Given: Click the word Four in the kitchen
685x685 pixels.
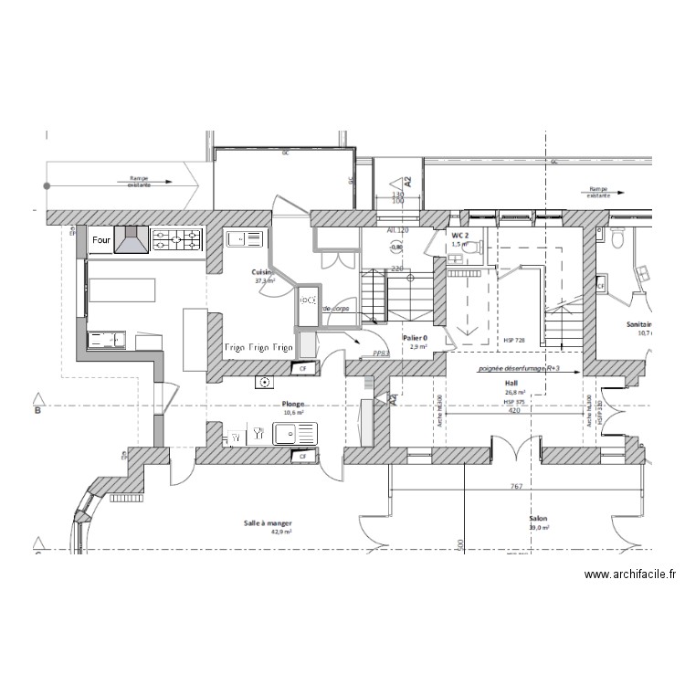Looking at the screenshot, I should [100, 240].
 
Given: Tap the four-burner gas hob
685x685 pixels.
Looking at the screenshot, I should [176, 240].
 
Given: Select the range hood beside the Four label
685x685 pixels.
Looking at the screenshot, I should [131, 240].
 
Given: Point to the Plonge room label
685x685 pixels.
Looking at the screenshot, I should [293, 403].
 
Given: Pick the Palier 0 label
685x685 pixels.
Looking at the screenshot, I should [417, 337].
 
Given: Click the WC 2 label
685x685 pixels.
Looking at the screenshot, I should [459, 236].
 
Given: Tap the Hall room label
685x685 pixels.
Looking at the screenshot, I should [511, 384].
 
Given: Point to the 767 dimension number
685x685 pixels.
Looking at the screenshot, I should [516, 487].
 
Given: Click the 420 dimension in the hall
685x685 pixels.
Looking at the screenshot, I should [514, 411].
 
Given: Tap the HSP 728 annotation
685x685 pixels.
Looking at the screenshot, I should [514, 341].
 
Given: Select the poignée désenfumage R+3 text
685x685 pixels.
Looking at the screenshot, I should [517, 370].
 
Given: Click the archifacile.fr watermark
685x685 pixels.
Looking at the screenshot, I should [630, 574].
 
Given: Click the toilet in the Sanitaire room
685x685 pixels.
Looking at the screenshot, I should [618, 240].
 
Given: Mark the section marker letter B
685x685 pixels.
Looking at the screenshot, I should [37, 412].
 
